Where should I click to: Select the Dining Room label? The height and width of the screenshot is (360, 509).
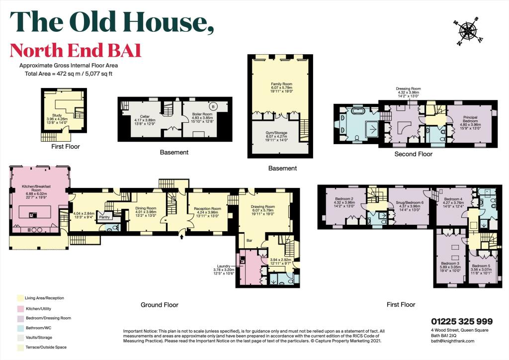point(146,208)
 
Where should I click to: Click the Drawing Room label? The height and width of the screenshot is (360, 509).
point(263,206)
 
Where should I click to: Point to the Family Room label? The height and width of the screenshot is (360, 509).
point(280,85)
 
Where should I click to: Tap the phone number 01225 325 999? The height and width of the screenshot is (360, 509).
point(461,322)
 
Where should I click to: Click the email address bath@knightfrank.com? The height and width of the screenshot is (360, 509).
point(452,341)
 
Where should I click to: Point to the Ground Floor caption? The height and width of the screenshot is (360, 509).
point(160,305)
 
